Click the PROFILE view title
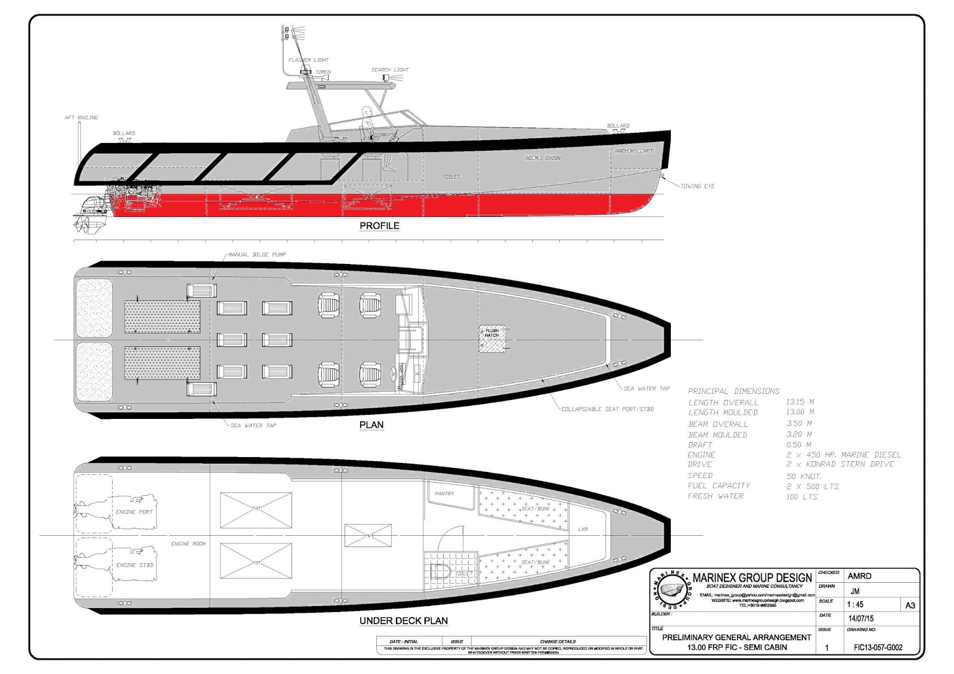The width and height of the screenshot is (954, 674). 379,226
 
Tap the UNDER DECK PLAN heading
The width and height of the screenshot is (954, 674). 403,620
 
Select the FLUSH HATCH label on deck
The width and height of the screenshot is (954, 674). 492,333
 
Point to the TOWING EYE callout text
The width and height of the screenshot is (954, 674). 698,186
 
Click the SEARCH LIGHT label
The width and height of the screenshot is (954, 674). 390,70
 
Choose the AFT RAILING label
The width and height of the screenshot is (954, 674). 81,117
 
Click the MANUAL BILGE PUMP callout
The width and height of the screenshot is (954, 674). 257,254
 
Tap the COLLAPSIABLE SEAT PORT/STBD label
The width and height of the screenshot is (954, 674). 607,409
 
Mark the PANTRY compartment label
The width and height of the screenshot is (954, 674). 444,493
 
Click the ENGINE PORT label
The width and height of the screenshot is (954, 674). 134,512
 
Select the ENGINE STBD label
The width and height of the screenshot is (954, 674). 134,565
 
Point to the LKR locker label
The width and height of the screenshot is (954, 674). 583,529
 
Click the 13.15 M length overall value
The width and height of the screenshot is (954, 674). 800,402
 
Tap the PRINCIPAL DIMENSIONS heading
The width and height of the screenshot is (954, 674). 733,391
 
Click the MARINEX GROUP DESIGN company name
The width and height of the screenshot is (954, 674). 752,577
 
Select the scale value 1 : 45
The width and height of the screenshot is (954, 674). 856,604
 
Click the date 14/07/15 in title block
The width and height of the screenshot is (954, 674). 861,619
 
